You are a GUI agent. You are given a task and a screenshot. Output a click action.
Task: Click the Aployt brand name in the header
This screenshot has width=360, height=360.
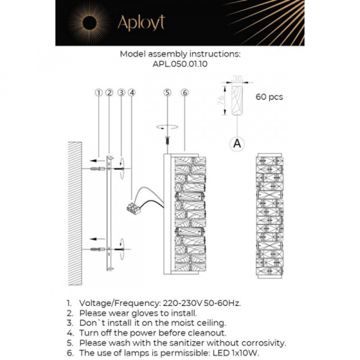coord(140,23)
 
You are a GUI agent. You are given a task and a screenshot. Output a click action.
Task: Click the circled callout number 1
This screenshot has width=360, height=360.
coord(98,92)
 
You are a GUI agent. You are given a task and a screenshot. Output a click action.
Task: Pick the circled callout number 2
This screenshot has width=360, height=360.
coord(109,92)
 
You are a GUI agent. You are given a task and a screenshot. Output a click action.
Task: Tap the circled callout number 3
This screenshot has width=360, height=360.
coord(121,92)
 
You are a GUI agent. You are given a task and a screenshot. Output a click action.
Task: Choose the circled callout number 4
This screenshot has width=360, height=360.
coord(131,92)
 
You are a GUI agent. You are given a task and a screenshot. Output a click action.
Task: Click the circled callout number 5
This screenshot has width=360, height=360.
coord(167,92)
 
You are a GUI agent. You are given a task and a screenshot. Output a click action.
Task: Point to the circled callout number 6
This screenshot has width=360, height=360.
coord(184,92)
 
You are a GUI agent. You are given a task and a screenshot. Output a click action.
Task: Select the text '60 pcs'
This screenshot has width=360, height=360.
coord(269,97)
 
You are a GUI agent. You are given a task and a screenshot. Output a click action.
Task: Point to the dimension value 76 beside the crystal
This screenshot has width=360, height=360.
coord(221,99)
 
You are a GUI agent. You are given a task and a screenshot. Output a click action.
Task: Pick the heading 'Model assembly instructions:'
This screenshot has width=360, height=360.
coord(179,53)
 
